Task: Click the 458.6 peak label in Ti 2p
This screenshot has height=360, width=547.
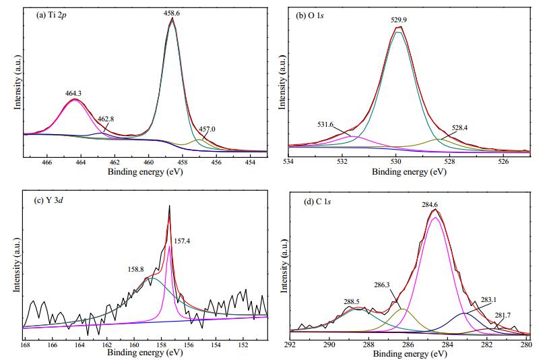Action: click(x=172, y=13)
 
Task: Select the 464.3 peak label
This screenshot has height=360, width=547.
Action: click(x=73, y=93)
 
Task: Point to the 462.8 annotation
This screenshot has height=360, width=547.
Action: click(x=106, y=119)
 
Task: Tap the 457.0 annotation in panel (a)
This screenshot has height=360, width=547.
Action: click(x=207, y=129)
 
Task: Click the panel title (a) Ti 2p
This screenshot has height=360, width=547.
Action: click(x=51, y=15)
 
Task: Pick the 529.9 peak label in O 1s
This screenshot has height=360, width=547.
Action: click(x=399, y=20)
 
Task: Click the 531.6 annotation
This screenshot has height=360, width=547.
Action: click(x=325, y=124)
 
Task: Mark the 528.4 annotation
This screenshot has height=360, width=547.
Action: click(x=460, y=128)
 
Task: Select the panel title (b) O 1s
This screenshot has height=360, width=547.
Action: click(x=310, y=16)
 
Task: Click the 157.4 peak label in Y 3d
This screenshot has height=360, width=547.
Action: click(x=182, y=241)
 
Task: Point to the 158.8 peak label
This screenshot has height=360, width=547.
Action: click(x=135, y=269)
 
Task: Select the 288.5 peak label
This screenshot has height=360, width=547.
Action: click(x=351, y=302)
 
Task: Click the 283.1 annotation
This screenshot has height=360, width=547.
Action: click(x=488, y=299)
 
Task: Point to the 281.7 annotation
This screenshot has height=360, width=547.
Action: click(x=503, y=316)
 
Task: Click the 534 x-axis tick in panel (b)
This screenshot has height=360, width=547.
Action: click(x=289, y=162)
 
